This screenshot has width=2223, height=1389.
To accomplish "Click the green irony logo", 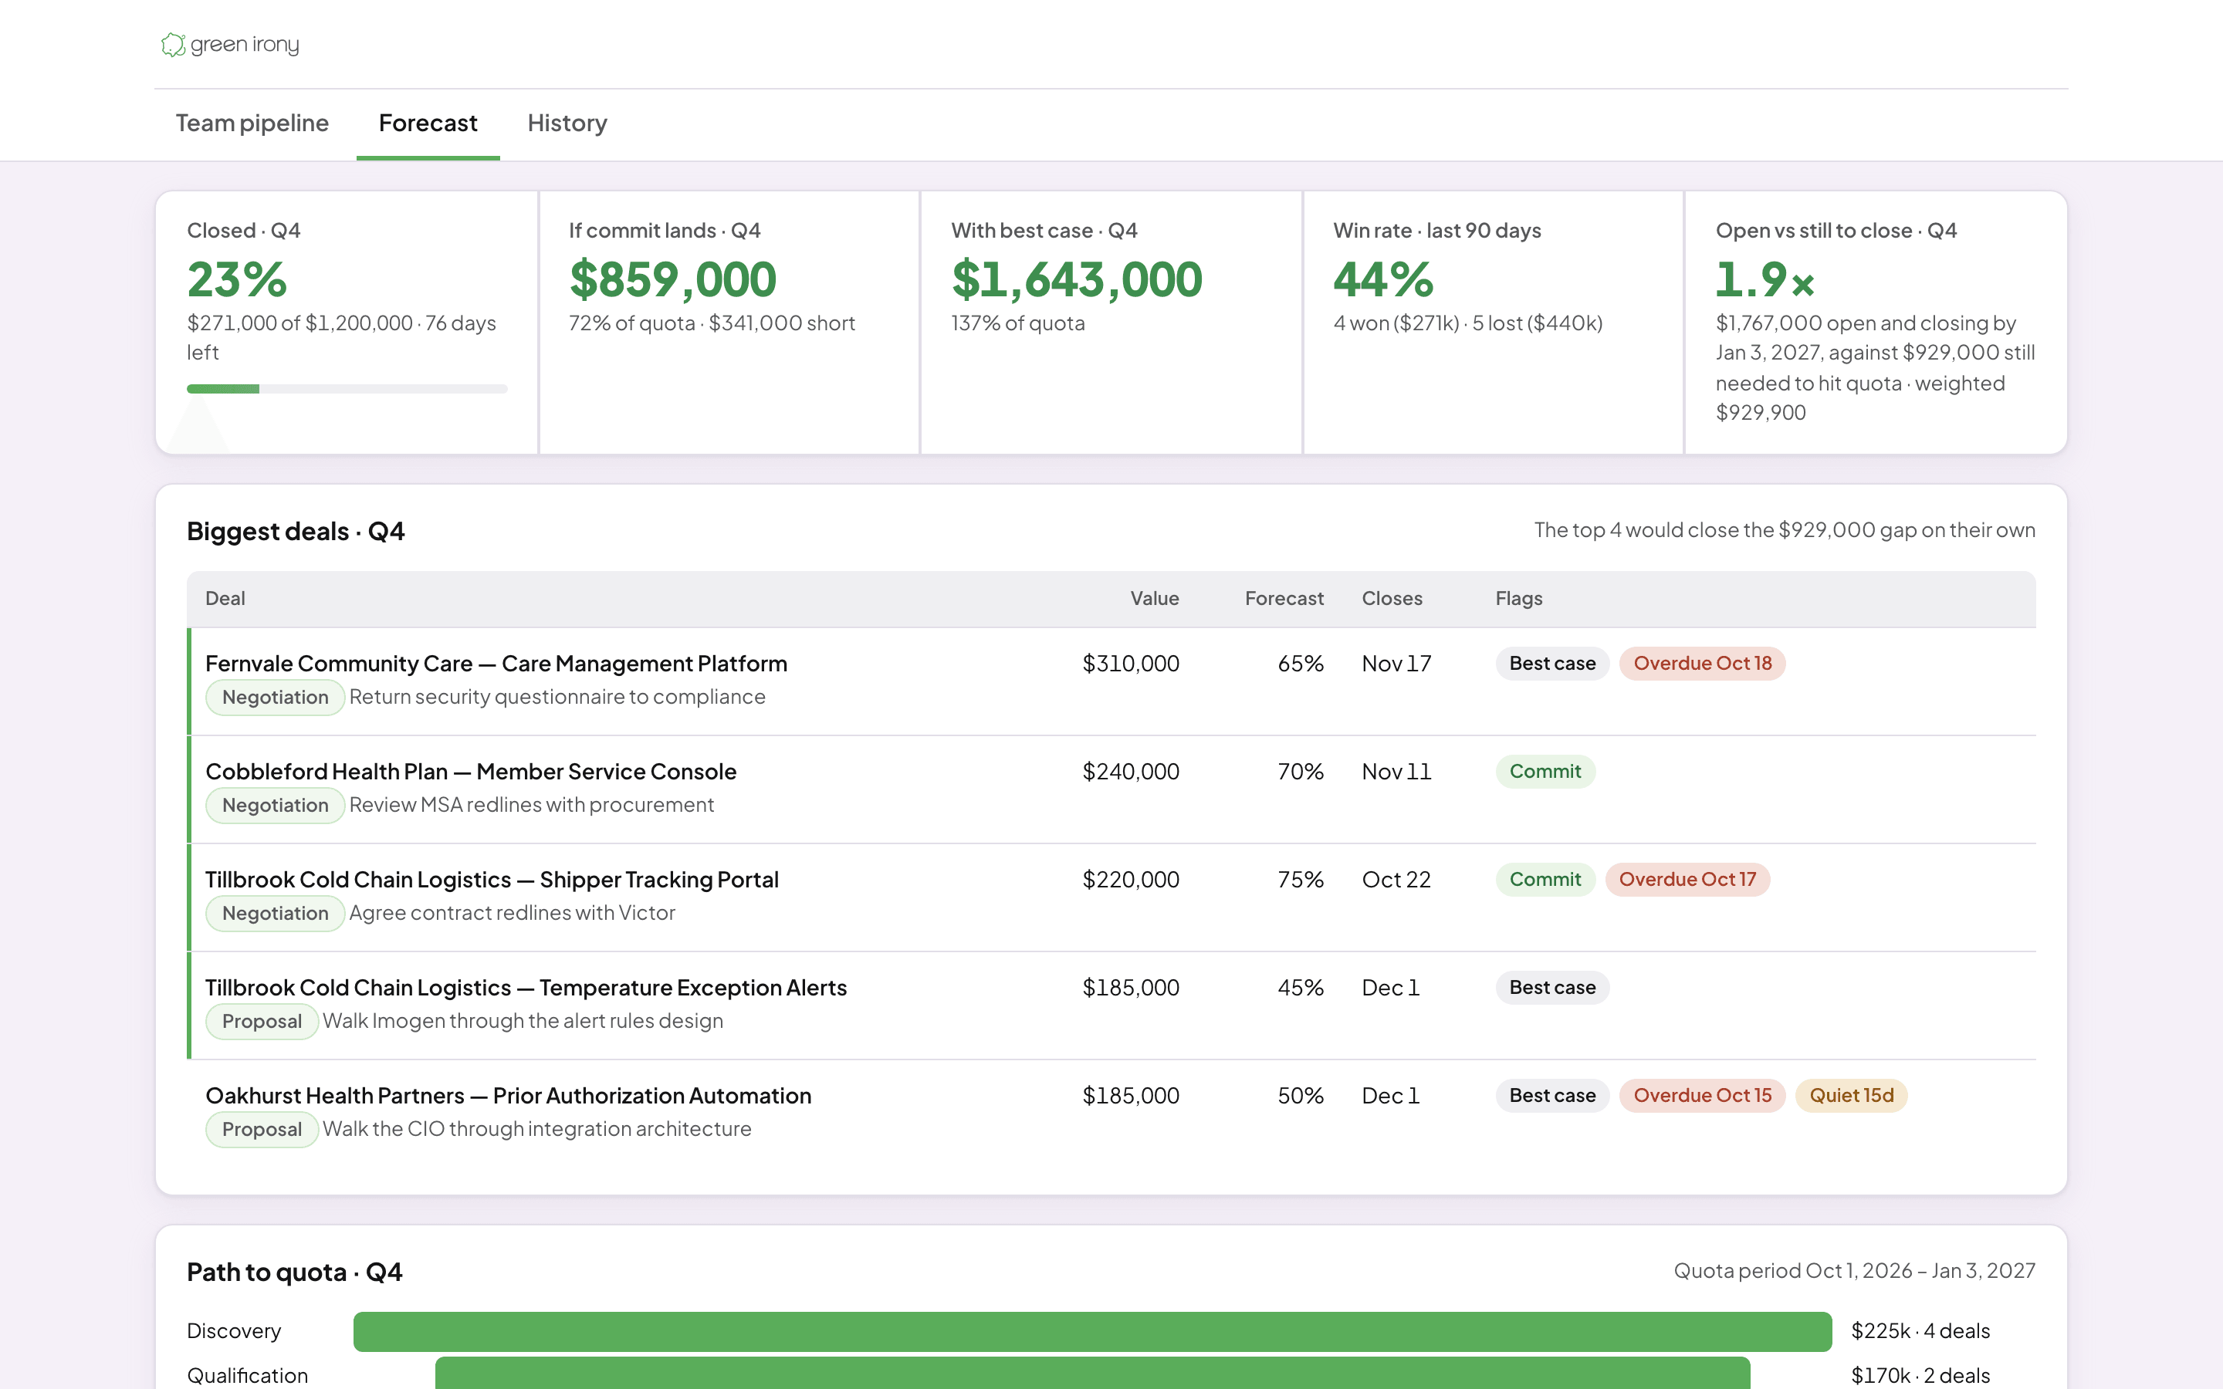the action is pyautogui.click(x=230, y=44).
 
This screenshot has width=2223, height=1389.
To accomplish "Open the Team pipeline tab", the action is pyautogui.click(x=252, y=123).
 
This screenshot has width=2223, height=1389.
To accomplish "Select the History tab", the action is pyautogui.click(x=567, y=123).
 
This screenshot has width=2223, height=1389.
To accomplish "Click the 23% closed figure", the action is pyautogui.click(x=237, y=279).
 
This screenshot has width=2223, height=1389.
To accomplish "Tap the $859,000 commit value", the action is pyautogui.click(x=672, y=279).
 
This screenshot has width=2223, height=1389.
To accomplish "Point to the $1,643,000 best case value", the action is pyautogui.click(x=1077, y=279).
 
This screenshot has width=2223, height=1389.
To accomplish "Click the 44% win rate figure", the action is pyautogui.click(x=1382, y=279).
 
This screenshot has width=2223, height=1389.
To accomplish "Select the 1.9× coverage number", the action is pyautogui.click(x=1765, y=279).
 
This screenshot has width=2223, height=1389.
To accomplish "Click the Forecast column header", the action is pyautogui.click(x=1284, y=598).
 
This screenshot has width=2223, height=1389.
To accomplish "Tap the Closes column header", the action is pyautogui.click(x=1392, y=598).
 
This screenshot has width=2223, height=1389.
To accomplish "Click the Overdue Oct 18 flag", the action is pyautogui.click(x=1702, y=664).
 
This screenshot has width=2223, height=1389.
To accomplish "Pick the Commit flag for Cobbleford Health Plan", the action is pyautogui.click(x=1545, y=772).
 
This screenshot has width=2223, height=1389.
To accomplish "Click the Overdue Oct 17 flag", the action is pyautogui.click(x=1687, y=879).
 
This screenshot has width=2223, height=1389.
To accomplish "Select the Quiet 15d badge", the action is pyautogui.click(x=1851, y=1095).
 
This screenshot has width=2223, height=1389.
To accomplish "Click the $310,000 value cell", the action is pyautogui.click(x=1131, y=664).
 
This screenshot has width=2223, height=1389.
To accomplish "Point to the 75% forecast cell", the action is pyautogui.click(x=1301, y=879).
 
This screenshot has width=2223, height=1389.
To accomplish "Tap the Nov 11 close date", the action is pyautogui.click(x=1396, y=772).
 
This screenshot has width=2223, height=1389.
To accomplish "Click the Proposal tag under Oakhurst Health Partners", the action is pyautogui.click(x=262, y=1129).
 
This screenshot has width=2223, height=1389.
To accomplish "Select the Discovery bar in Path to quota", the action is pyautogui.click(x=1092, y=1331).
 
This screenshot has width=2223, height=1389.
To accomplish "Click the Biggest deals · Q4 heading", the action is pyautogui.click(x=296, y=531).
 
